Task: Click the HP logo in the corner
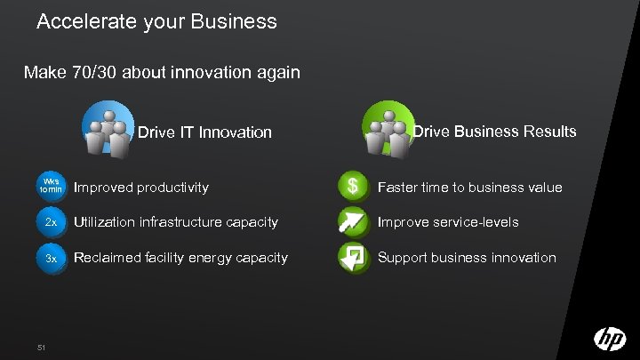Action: tap(610, 339)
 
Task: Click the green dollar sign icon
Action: tap(354, 187)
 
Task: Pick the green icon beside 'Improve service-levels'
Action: tap(354, 222)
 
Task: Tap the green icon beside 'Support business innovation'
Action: tap(354, 258)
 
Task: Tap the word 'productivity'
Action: tap(173, 188)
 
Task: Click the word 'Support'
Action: tap(404, 258)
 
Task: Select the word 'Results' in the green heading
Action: tap(548, 132)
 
